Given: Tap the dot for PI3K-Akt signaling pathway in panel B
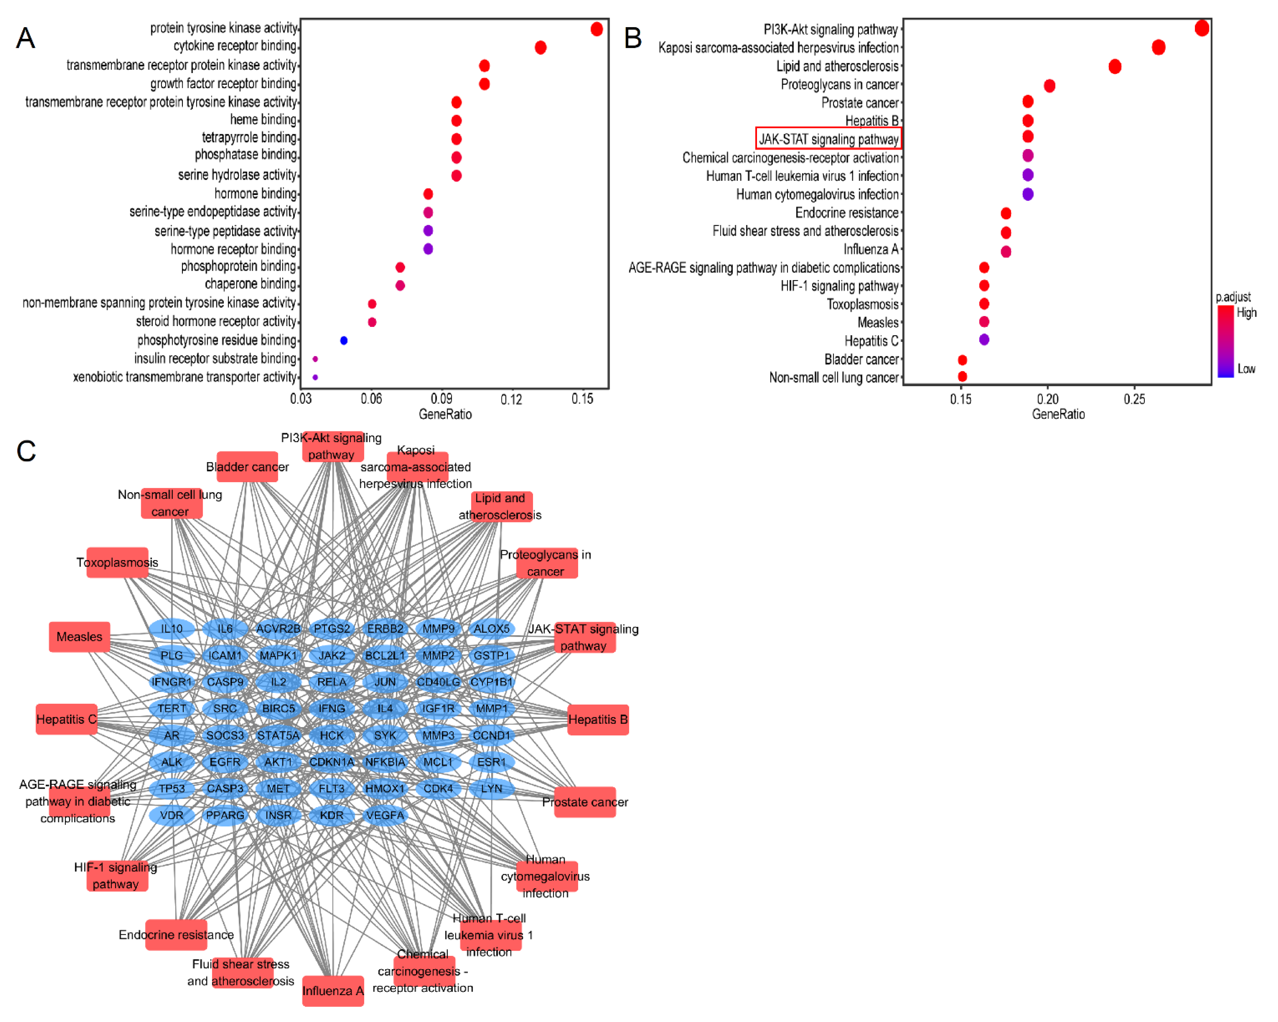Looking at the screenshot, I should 1201,28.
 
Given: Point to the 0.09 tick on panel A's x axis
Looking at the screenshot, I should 442,399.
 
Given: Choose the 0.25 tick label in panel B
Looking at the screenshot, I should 1134,399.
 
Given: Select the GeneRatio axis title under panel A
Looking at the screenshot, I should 445,414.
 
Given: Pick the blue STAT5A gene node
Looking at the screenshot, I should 278,735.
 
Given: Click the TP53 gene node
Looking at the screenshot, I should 171,788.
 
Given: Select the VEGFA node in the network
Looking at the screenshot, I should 385,815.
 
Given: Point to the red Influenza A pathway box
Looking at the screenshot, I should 332,991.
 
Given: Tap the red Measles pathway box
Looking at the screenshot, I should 79,637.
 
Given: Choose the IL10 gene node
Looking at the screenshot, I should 171,629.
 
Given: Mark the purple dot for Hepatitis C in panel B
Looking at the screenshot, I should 984,339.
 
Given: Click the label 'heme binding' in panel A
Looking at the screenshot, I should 263,120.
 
